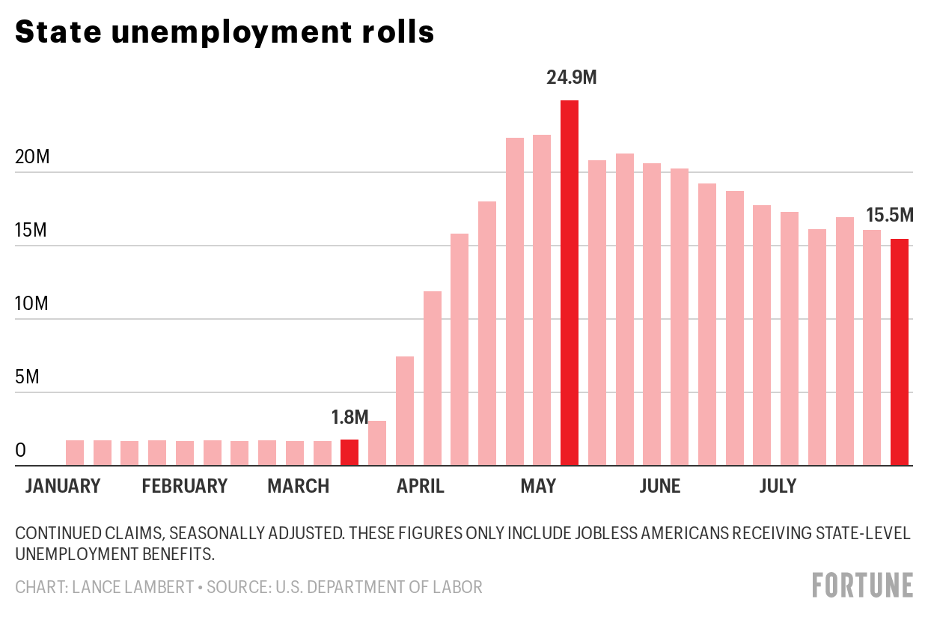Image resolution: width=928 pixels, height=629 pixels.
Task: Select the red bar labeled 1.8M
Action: tap(349, 452)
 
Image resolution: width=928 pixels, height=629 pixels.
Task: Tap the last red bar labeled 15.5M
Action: tap(899, 352)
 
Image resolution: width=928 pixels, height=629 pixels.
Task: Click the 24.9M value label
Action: tap(572, 77)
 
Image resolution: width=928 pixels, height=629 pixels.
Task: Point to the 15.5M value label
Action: tap(890, 216)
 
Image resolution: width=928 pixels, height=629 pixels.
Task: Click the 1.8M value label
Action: tap(350, 416)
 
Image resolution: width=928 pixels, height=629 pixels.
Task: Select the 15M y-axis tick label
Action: tap(31, 231)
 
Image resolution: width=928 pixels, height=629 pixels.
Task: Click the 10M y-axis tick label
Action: tap(31, 304)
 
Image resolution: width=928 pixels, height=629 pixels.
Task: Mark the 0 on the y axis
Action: tap(21, 451)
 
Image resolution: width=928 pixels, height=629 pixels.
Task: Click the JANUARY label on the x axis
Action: tap(63, 486)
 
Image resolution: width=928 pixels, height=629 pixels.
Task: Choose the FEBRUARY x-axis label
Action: tap(184, 486)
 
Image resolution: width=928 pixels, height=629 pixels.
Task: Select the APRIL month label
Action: tap(420, 486)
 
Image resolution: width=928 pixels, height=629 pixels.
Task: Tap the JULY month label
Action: tap(778, 486)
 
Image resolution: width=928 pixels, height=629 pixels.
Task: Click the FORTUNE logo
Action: tap(863, 585)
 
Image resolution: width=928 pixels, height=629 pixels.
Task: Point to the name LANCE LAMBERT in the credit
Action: tap(133, 587)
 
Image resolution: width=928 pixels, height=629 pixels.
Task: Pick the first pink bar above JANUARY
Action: tap(75, 453)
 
